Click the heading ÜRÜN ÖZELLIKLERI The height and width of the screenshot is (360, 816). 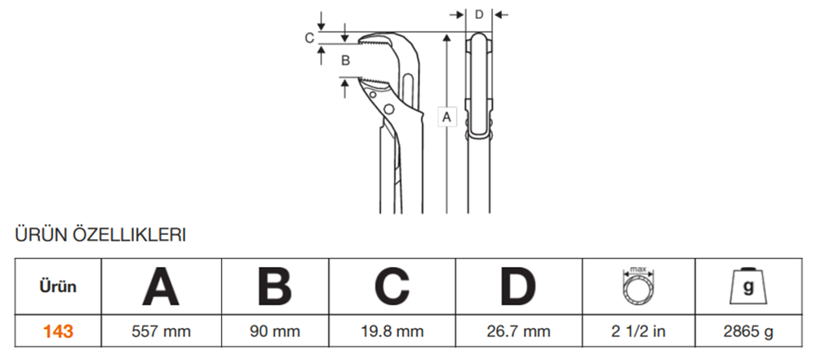click(x=101, y=236)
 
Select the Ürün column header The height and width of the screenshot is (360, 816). click(x=59, y=287)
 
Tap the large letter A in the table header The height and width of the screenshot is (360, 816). click(x=161, y=287)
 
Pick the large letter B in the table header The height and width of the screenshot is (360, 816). click(x=274, y=287)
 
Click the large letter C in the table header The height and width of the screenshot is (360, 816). click(x=392, y=287)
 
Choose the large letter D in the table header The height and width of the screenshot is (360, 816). click(x=519, y=287)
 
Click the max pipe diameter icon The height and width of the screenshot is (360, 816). click(x=638, y=286)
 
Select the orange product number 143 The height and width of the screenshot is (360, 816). click(x=59, y=331)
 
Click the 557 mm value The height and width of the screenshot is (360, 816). click(x=161, y=331)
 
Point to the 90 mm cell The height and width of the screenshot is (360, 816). click(x=274, y=331)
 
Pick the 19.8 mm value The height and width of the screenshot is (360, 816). click(x=392, y=331)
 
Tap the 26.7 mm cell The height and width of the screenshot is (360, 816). click(x=519, y=331)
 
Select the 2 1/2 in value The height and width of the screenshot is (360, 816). click(x=638, y=331)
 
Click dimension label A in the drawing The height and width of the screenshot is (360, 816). click(x=446, y=118)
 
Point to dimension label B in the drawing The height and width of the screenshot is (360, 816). click(x=345, y=60)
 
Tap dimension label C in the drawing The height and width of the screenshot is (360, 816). click(x=309, y=38)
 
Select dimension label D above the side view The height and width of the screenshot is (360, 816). click(x=479, y=14)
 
